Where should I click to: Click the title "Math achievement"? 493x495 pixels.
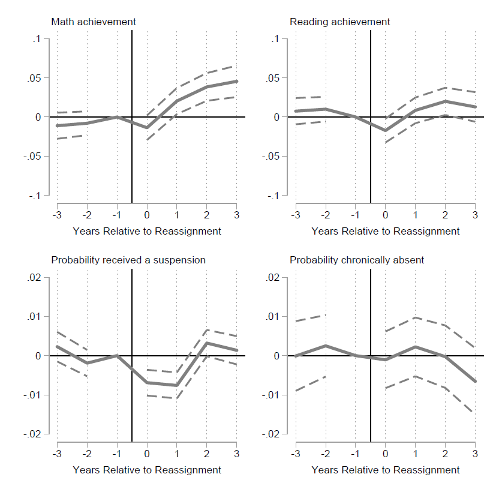tap(94, 22)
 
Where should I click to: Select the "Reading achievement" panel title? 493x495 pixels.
tap(339, 22)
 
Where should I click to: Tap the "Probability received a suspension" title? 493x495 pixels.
tap(128, 260)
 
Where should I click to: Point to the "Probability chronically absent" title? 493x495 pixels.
tap(357, 260)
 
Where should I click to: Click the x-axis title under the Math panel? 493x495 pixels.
tap(147, 231)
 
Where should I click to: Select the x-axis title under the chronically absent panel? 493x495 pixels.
tap(386, 470)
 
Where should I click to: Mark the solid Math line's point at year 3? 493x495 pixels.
tap(236, 81)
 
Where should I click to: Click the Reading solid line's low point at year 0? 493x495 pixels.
tap(386, 130)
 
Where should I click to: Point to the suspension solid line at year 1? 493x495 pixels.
tap(177, 385)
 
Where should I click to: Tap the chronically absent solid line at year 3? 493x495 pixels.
tap(475, 381)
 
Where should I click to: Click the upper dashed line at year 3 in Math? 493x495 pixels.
tap(235, 65)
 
